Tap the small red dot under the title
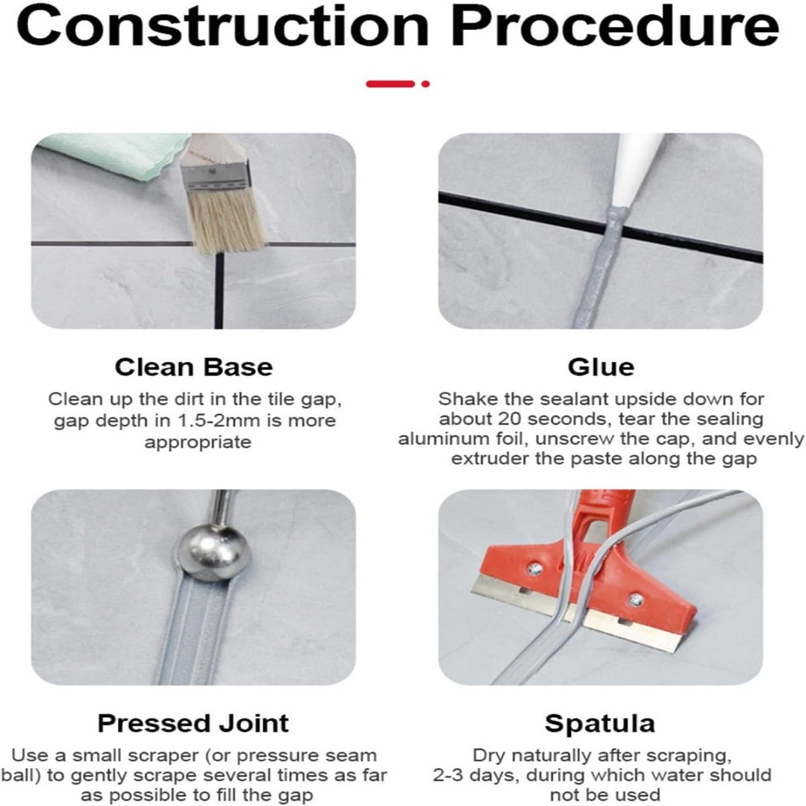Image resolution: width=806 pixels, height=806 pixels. point(425,84)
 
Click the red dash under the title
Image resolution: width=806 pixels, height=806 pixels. point(390,84)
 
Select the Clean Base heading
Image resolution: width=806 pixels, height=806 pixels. point(194,367)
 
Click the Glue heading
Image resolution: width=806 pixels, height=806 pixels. point(601,367)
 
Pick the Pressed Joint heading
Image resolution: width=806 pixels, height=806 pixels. point(193,723)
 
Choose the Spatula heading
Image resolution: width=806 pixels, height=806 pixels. point(600,724)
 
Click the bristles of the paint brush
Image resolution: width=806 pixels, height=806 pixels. point(226,221)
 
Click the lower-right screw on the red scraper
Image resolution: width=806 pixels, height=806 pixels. point(637,599)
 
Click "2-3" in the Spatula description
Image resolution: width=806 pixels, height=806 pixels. point(449,775)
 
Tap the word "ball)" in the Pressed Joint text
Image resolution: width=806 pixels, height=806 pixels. point(21,775)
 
